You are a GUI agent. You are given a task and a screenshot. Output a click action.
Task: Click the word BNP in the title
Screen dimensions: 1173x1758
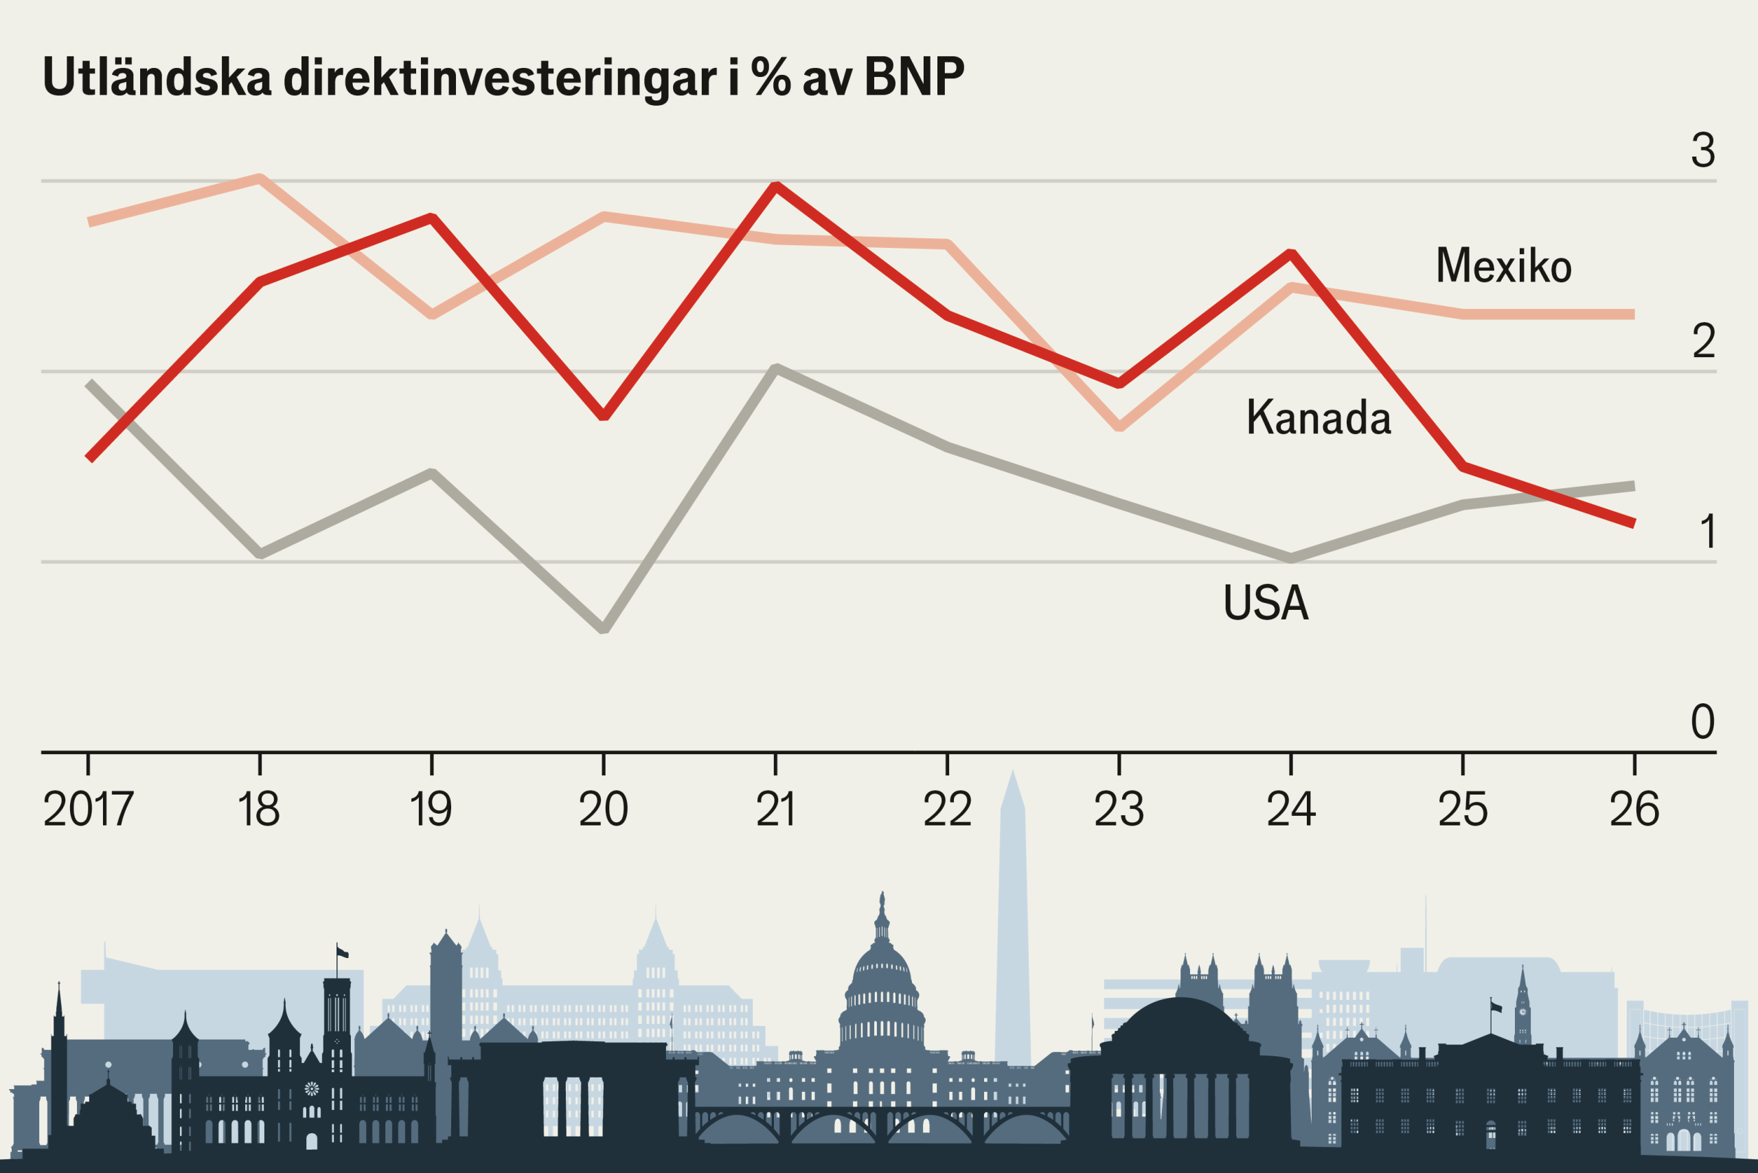click(x=913, y=76)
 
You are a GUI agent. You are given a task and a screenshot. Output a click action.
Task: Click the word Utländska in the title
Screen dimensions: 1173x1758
click(x=157, y=76)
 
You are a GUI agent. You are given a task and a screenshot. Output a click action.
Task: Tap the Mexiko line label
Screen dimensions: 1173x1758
click(x=1503, y=266)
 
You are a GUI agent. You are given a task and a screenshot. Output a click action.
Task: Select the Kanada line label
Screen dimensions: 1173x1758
click(x=1318, y=417)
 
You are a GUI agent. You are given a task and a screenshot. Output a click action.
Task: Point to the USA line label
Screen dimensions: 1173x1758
click(x=1266, y=602)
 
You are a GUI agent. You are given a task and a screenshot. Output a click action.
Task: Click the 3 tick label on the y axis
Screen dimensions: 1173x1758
click(x=1702, y=150)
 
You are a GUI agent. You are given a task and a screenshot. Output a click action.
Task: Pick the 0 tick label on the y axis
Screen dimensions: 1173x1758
click(x=1702, y=722)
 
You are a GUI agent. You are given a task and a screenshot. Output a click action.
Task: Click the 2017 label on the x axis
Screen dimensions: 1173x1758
click(x=89, y=810)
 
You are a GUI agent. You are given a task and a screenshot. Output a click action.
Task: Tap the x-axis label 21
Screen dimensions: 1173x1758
click(x=775, y=810)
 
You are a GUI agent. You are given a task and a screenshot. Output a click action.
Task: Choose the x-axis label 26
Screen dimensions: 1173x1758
click(x=1634, y=810)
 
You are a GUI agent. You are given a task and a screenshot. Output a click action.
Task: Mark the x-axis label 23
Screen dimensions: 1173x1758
click(x=1119, y=810)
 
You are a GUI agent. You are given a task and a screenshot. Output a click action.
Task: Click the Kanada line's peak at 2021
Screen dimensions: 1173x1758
click(x=776, y=186)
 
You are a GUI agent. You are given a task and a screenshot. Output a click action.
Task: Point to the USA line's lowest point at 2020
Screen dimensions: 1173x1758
click(x=604, y=628)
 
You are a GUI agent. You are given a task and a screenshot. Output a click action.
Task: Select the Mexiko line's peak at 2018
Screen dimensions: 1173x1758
click(x=260, y=178)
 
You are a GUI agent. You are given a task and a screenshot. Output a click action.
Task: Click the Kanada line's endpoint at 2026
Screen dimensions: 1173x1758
click(x=1633, y=523)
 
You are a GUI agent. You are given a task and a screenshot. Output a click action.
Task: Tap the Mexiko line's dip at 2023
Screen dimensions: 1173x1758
click(x=1119, y=427)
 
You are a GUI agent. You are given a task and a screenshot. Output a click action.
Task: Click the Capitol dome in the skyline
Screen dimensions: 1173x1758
click(x=882, y=972)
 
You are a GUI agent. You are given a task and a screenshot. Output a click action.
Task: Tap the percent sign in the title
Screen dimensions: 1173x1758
click(x=771, y=76)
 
